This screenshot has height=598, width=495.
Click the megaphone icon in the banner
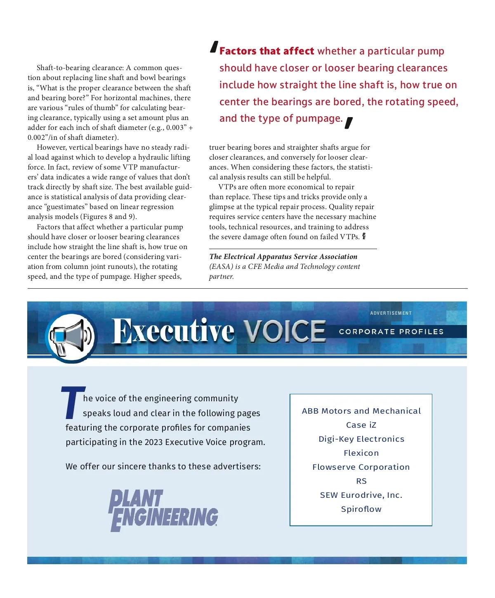click(70, 337)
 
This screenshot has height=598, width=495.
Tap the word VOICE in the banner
click(284, 331)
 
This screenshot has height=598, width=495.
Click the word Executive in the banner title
click(173, 331)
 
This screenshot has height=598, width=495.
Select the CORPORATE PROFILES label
click(391, 332)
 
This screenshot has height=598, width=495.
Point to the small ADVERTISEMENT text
click(391, 313)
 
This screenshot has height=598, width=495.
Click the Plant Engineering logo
click(163, 510)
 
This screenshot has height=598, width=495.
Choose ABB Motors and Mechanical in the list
click(361, 411)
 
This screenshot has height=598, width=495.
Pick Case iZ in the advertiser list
click(361, 425)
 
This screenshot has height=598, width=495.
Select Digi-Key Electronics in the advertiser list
click(361, 439)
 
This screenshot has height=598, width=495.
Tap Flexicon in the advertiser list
click(361, 453)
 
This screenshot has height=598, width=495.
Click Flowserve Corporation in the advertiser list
click(361, 467)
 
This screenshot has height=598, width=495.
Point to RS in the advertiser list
click(361, 481)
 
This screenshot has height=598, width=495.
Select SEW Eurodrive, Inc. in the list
click(361, 495)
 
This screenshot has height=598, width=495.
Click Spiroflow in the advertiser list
click(361, 509)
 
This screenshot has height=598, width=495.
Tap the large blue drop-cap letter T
click(73, 402)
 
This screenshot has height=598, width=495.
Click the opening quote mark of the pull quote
click(214, 47)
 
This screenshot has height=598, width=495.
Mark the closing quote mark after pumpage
click(349, 122)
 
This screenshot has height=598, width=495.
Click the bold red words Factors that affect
click(266, 51)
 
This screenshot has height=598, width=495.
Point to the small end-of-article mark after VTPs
click(364, 236)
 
